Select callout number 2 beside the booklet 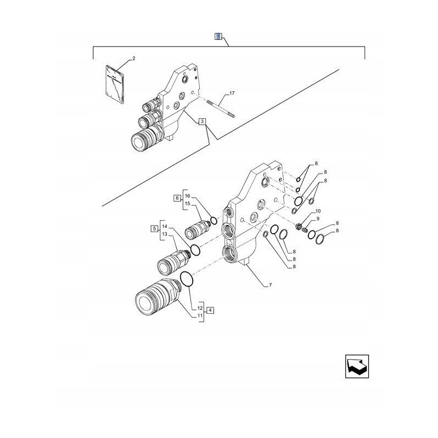(x=133, y=58)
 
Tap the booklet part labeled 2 (x=116, y=84)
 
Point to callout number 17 (x=232, y=94)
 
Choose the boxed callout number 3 (x=203, y=122)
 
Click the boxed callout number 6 (x=177, y=198)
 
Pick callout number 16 (x=187, y=195)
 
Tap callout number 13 (x=164, y=235)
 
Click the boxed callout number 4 (x=211, y=310)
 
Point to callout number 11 (x=200, y=316)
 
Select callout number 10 (x=318, y=211)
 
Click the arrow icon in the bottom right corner (x=356, y=367)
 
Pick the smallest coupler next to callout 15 (x=198, y=227)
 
